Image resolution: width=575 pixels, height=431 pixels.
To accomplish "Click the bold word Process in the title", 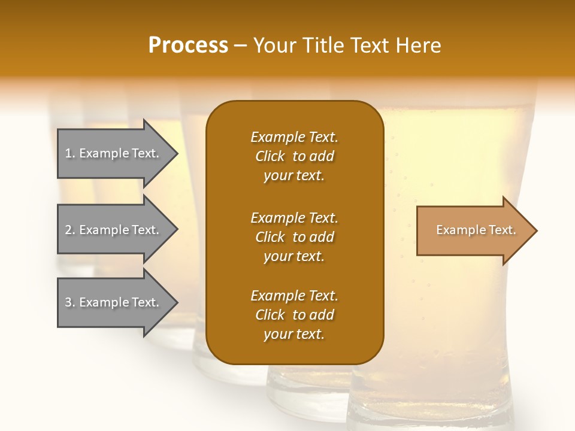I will click(188, 45).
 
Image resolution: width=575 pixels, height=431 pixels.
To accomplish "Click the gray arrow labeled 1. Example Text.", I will click(114, 153).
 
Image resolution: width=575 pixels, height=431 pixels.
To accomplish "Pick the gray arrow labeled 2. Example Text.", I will click(114, 230).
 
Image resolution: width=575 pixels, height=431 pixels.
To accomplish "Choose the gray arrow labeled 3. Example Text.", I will click(114, 302).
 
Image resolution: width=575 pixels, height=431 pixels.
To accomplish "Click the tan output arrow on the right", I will click(473, 230).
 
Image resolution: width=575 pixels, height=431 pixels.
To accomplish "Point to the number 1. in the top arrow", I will click(70, 153).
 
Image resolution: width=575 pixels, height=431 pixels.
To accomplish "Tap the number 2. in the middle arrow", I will click(70, 230).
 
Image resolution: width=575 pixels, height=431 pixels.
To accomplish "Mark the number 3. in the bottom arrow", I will click(70, 302).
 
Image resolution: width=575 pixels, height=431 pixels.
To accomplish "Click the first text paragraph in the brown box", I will click(295, 156).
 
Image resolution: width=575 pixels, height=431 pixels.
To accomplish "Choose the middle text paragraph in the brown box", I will click(295, 237).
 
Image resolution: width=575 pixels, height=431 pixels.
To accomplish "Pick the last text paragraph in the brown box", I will click(295, 315).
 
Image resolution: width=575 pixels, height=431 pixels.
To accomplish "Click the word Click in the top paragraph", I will click(270, 156).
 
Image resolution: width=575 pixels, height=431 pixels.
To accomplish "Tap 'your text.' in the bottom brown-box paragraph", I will click(294, 334).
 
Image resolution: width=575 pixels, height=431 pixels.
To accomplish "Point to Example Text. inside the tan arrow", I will click(476, 230).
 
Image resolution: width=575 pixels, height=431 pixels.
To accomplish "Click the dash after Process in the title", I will click(241, 46).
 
